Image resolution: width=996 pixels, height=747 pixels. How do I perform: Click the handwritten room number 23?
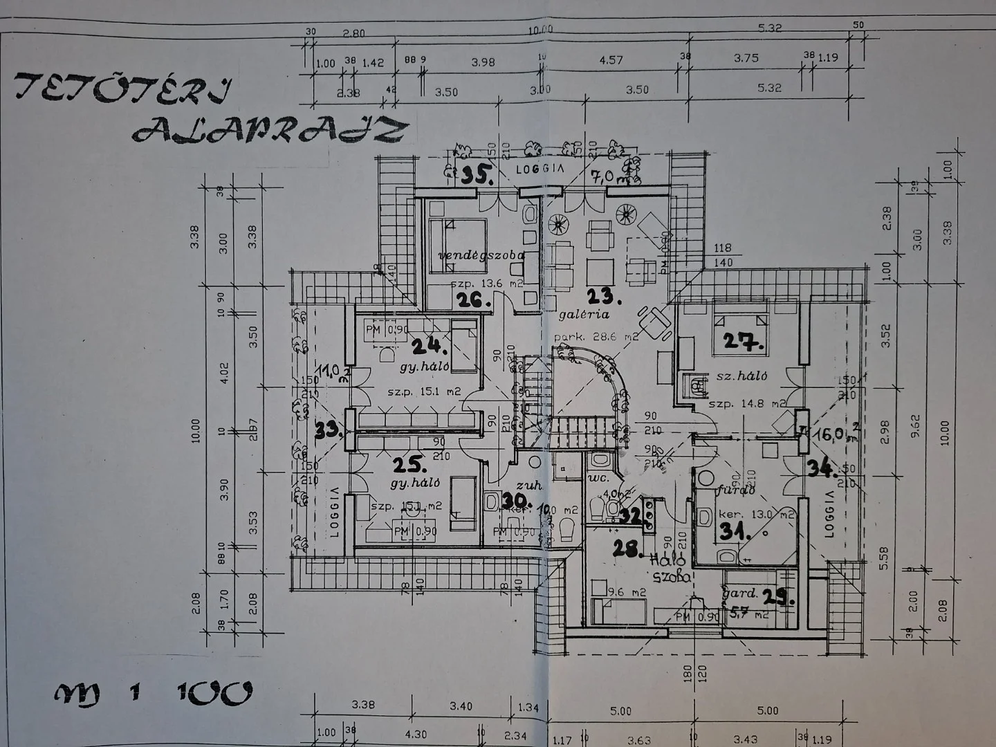point(603,296)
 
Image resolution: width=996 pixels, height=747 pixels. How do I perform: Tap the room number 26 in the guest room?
point(472,299)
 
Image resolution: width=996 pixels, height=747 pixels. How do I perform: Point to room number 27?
point(743,342)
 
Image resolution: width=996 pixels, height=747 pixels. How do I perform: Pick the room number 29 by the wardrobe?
point(777,596)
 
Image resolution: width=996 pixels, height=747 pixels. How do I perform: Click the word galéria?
point(584,315)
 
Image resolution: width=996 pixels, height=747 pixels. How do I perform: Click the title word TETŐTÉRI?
point(124,88)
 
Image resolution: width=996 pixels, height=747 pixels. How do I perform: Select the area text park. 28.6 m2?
point(596,337)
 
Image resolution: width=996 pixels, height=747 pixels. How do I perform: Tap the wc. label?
point(597,478)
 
